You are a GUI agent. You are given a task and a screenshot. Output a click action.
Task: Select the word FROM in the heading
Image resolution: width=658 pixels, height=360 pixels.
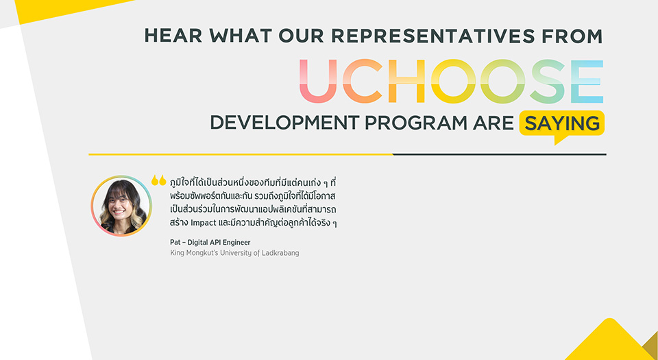tap(572, 36)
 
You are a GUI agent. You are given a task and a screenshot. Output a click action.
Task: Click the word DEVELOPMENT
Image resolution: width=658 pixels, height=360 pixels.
tap(285, 123)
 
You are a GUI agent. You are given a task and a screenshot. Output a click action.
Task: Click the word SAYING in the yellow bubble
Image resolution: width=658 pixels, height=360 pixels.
tap(562, 123)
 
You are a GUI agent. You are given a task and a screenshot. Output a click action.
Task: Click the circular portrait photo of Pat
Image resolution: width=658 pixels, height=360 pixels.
tap(121, 206)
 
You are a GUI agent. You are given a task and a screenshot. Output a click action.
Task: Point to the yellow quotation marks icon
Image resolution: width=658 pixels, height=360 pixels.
tap(158, 180)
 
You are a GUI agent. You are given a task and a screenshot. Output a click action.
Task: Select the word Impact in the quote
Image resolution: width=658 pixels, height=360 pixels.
tap(204, 223)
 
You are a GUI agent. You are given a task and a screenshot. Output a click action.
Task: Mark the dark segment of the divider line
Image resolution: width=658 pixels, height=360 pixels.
tap(500, 154)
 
